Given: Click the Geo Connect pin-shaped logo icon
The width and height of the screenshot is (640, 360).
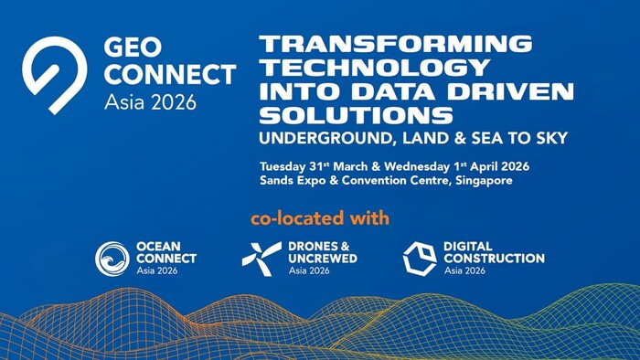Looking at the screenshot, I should tap(55, 74).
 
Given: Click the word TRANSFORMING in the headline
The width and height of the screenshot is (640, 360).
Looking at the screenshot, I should tap(395, 43).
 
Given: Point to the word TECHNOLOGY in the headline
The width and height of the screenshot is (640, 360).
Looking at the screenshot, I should tap(371, 67).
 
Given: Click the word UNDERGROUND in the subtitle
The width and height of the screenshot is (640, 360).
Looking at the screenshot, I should tap(315, 139).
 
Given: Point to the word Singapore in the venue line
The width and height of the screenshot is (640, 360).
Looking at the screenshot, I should tap(476, 181).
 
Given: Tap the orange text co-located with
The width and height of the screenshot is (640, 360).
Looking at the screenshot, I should tap(320, 218).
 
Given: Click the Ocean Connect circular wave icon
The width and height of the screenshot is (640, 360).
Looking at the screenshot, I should tap(112, 259).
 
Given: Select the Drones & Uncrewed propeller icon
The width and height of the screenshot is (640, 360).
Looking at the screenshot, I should tap(261, 259).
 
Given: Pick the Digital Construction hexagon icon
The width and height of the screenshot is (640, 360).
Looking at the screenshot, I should tap(419, 259).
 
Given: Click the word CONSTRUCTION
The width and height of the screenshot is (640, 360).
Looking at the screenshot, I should tap(494, 259).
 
